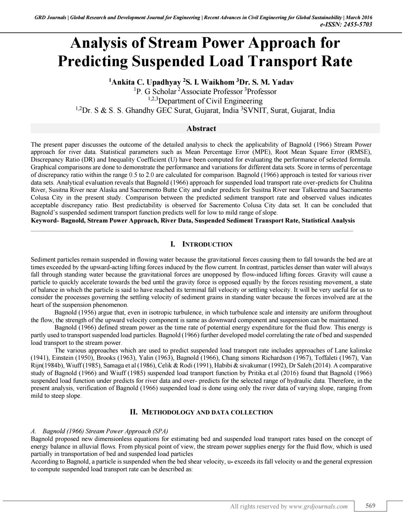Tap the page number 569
coord(370,506)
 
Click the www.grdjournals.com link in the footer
coord(318,506)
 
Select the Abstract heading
coord(201,129)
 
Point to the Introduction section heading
coord(201,244)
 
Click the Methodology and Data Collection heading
coord(201,412)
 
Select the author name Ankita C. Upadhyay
coord(145,82)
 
